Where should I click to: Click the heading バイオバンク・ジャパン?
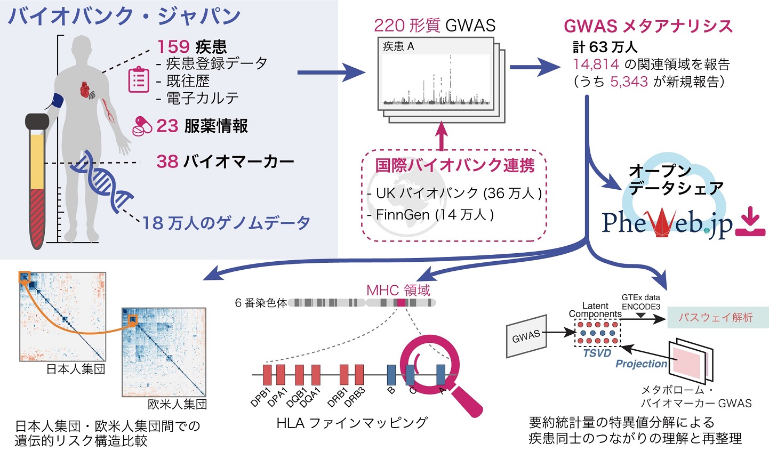[x=124, y=16]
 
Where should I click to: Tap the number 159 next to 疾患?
[x=173, y=46]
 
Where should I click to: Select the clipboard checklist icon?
[x=138, y=80]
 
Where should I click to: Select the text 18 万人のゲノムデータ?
[x=226, y=223]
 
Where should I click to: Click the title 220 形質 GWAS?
[x=435, y=25]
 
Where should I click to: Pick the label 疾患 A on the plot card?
[x=398, y=46]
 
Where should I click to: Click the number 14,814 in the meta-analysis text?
[x=596, y=65]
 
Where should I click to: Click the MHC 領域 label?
[x=398, y=290]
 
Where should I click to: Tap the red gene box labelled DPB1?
[x=267, y=375]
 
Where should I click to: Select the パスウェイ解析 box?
[x=715, y=317]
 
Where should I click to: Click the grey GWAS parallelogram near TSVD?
[x=526, y=337]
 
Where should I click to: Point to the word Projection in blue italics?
[x=641, y=364]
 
